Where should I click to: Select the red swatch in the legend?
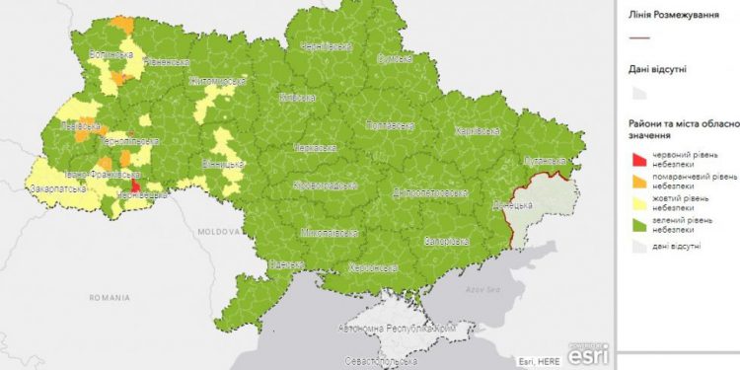point(639,158)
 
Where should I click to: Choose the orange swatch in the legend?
point(639,182)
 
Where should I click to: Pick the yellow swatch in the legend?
point(639,204)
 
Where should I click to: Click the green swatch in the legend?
point(639,227)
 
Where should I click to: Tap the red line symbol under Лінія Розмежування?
point(639,37)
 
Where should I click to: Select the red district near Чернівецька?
point(134,184)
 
